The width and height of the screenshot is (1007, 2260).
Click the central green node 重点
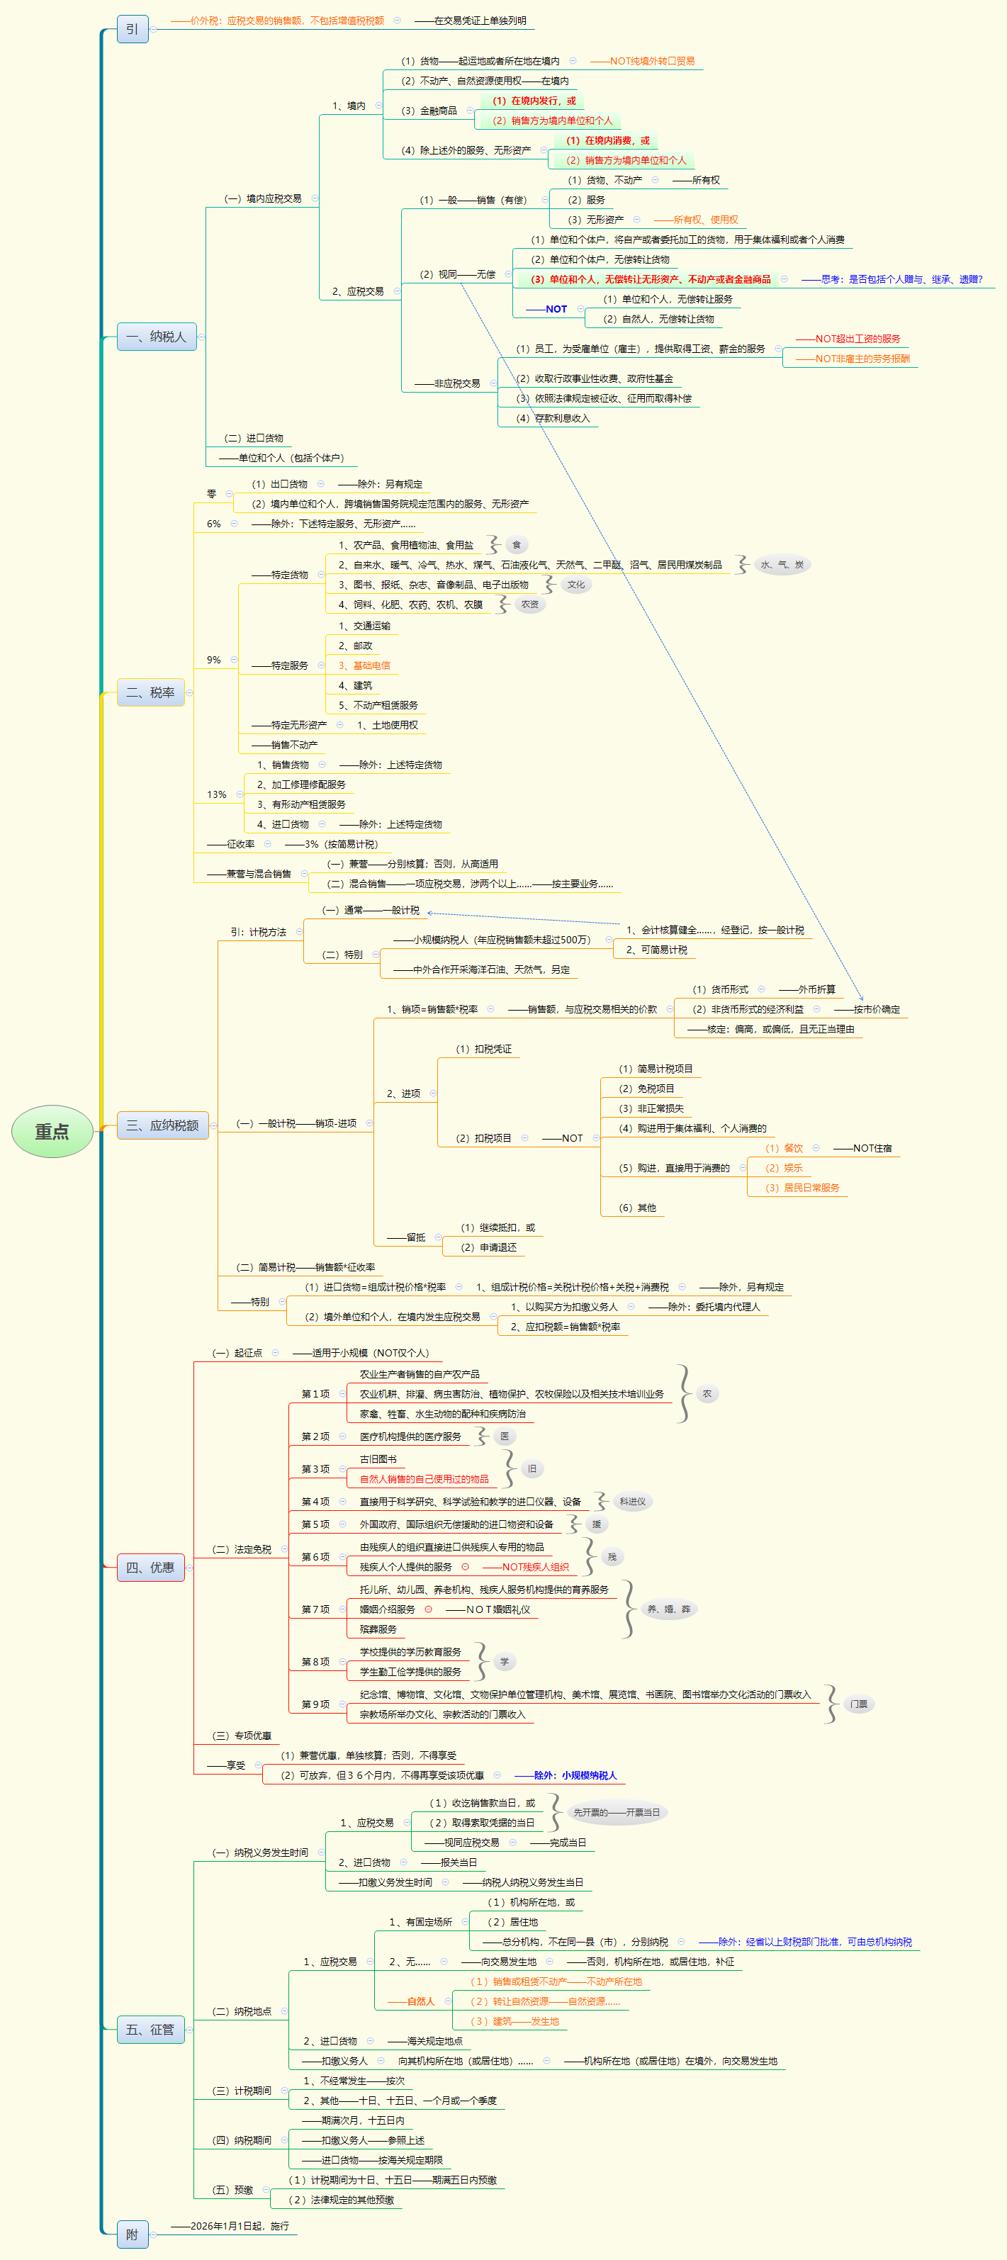click(52, 1132)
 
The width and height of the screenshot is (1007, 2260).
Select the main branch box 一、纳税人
click(156, 337)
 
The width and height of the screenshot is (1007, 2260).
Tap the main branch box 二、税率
click(150, 692)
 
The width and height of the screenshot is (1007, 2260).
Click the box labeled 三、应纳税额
click(162, 1125)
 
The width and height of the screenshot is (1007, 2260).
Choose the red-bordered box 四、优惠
click(150, 1568)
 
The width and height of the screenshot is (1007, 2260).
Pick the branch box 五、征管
click(150, 2029)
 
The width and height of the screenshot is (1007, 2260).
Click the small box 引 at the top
click(132, 29)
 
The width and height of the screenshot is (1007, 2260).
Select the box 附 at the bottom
click(132, 2234)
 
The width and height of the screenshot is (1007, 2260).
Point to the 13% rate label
click(217, 795)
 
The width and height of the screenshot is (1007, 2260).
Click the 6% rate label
click(214, 524)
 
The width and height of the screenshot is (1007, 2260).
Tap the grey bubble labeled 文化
click(575, 584)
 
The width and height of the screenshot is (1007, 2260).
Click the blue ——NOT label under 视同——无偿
click(546, 309)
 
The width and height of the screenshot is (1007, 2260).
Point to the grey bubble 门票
click(859, 1704)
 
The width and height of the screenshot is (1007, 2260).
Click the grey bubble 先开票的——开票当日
click(616, 1813)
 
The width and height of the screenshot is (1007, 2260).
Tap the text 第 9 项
click(315, 1704)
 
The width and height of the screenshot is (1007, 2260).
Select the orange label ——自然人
click(412, 2001)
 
